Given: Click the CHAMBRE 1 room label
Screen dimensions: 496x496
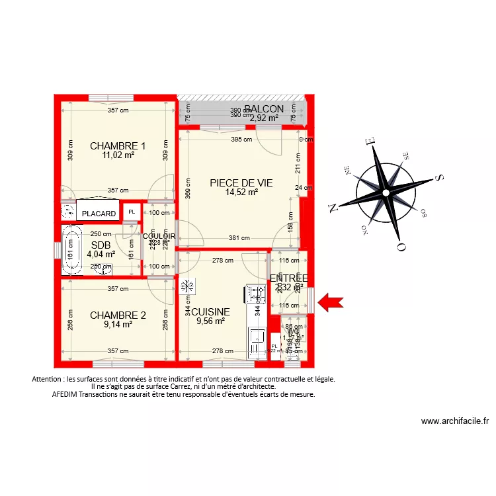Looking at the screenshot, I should click(118, 145).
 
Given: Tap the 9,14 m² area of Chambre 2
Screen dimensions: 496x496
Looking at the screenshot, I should click(118, 325).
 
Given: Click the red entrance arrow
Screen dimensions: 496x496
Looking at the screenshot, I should click(331, 303).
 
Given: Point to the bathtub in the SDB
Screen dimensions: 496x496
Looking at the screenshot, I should click(69, 250).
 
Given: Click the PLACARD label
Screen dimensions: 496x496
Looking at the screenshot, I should click(99, 214).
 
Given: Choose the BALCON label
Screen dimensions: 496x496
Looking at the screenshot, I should click(264, 109).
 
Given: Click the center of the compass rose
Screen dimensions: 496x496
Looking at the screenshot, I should click(384, 193).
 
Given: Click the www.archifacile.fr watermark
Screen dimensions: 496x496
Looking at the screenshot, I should click(455, 421).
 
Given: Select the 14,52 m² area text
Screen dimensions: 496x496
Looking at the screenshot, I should click(241, 192).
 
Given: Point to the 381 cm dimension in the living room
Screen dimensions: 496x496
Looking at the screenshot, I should click(239, 238).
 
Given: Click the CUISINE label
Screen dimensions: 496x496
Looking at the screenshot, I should click(210, 312).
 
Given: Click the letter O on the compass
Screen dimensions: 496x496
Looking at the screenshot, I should click(400, 247).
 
